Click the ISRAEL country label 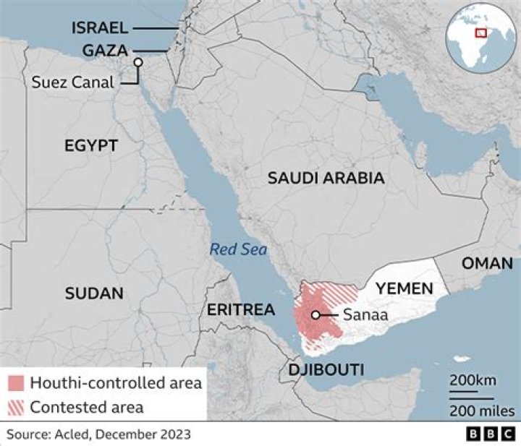click(100, 28)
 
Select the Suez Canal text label click(73, 82)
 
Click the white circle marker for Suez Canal click(137, 63)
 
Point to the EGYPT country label click(90, 146)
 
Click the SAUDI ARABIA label click(326, 178)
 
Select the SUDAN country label click(94, 293)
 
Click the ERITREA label click(241, 310)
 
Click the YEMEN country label click(404, 286)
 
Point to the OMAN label click(487, 263)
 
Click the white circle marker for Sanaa click(315, 314)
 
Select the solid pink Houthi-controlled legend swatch click(17, 383)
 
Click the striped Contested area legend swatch click(17, 406)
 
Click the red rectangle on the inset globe click(480, 32)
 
